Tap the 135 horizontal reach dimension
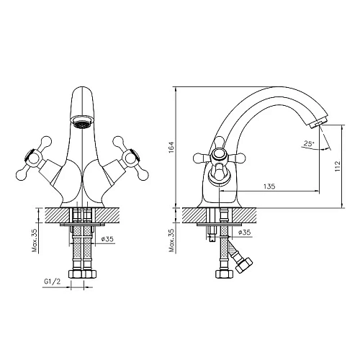coord(270,186)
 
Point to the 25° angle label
coord(308,144)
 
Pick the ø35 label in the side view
coord(244,233)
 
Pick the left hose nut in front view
coord(75,273)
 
